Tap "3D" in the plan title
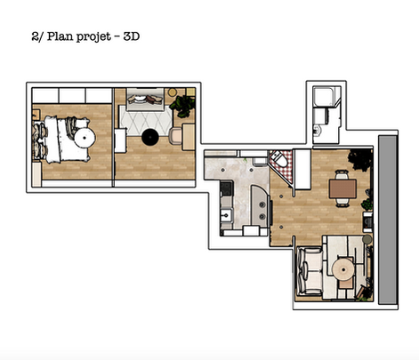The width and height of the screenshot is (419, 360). point(132,36)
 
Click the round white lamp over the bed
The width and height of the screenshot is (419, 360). point(85,138)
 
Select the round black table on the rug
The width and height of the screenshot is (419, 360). point(149,137)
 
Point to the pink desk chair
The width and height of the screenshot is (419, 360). point(175,136)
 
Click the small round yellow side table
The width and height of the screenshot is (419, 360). point(173,92)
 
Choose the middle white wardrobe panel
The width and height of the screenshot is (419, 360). point(72,95)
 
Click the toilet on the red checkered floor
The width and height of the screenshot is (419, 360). point(279,159)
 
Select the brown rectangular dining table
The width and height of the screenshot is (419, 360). point(342,188)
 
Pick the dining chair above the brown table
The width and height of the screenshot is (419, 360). point(342,174)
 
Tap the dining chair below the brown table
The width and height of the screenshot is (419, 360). point(342,203)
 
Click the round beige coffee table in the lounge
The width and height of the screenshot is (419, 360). point(343,269)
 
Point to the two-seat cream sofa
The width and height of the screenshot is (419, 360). point(310,271)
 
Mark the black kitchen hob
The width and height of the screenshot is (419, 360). point(226,188)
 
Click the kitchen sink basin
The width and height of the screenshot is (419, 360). point(227,215)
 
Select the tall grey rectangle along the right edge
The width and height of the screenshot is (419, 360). point(388,220)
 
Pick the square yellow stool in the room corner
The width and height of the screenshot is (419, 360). point(190,92)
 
